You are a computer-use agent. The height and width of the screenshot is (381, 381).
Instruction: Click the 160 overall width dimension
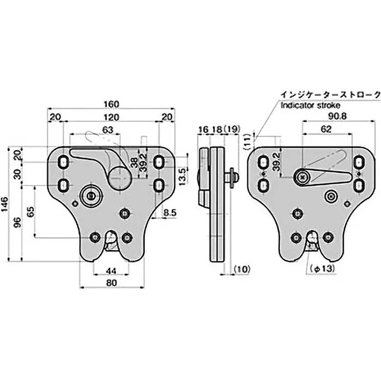click(x=110, y=104)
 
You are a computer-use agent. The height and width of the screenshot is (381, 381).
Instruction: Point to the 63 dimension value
click(x=108, y=130)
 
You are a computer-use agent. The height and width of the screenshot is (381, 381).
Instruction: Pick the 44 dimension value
click(x=110, y=271)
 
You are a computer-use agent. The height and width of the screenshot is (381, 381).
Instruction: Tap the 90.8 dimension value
click(x=338, y=116)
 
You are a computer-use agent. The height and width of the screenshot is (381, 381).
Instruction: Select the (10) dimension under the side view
click(x=242, y=270)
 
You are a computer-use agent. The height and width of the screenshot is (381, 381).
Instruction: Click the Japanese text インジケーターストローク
click(x=330, y=94)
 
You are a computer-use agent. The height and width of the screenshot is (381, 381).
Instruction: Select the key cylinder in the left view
click(x=90, y=195)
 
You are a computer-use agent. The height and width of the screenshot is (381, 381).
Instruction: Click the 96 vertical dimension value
click(x=18, y=222)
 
